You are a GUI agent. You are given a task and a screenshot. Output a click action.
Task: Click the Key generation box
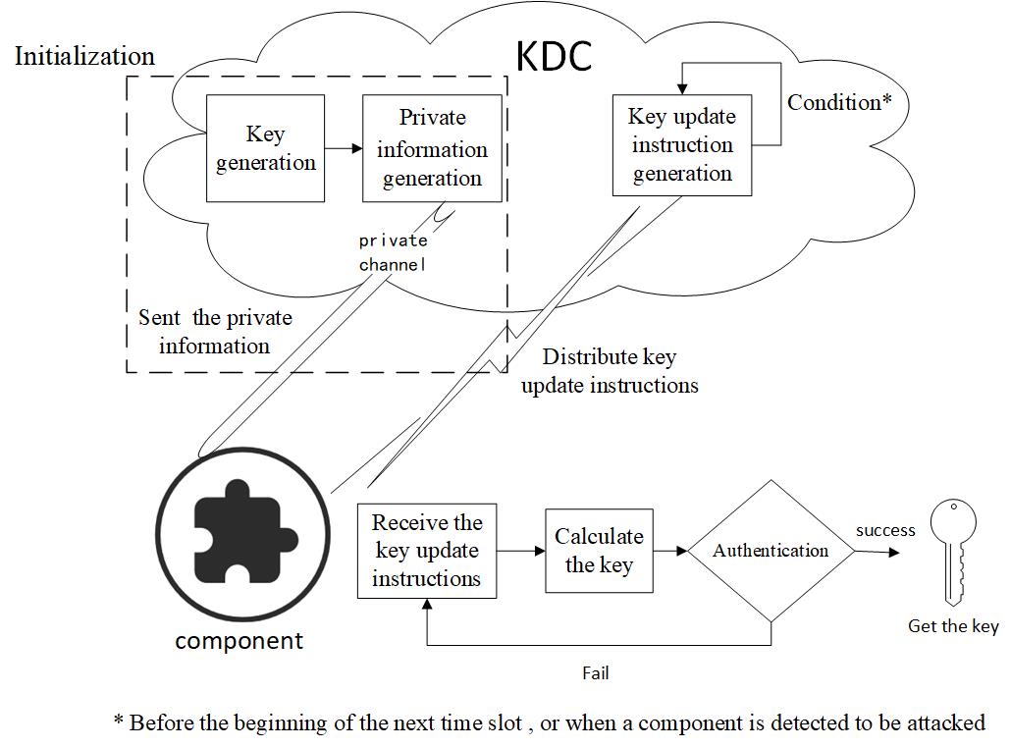(x=265, y=148)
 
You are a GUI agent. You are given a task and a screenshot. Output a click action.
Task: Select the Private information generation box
(x=432, y=148)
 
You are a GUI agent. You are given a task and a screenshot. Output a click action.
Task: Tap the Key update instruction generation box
(x=682, y=145)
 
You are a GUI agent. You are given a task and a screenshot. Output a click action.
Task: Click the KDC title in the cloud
(x=554, y=56)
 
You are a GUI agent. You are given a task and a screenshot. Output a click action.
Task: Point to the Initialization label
(x=85, y=57)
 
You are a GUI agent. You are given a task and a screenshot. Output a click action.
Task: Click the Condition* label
(x=839, y=102)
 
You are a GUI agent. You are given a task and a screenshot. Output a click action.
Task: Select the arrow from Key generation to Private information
(x=344, y=149)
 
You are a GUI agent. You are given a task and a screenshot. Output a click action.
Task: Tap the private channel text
(x=393, y=252)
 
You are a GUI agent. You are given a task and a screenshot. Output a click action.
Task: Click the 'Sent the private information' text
(x=215, y=332)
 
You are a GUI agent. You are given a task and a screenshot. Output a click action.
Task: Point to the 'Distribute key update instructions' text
(x=610, y=371)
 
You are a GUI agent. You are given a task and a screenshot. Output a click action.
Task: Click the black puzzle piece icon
(x=245, y=531)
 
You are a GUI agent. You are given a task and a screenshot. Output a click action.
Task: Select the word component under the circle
(x=239, y=641)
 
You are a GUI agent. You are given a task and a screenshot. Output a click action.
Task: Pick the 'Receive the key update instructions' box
(x=427, y=551)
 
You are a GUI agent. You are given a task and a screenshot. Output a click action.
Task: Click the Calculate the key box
(x=599, y=551)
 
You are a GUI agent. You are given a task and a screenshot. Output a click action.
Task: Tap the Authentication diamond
(x=771, y=551)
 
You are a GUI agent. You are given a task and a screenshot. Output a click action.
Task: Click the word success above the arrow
(x=885, y=530)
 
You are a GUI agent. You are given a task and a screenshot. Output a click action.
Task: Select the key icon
(x=953, y=552)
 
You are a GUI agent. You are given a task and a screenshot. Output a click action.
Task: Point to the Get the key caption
(x=953, y=626)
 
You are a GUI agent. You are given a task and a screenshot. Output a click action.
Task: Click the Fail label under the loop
(x=595, y=673)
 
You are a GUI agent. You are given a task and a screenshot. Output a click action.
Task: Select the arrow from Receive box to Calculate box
(x=521, y=551)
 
